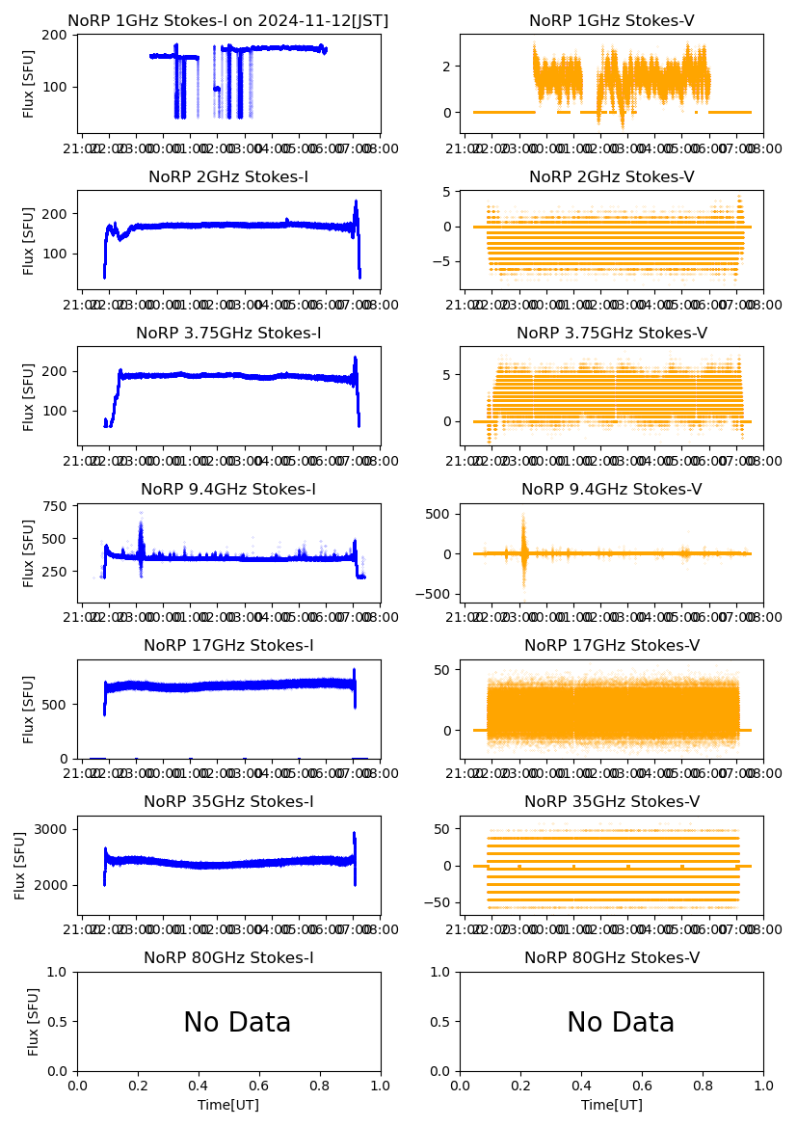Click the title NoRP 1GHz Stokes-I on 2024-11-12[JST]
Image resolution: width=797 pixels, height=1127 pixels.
[x=228, y=21]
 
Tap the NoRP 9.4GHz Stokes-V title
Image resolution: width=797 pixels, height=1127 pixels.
[x=612, y=490]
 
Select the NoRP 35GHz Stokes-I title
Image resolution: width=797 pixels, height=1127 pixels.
[x=228, y=802]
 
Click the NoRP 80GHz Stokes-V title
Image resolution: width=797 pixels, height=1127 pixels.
[x=612, y=958]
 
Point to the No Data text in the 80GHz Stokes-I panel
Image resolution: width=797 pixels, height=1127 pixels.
[x=237, y=1023]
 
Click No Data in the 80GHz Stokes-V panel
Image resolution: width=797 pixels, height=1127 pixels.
[x=621, y=1023]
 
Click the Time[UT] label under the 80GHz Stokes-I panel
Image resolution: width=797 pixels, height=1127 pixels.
[x=228, y=1105]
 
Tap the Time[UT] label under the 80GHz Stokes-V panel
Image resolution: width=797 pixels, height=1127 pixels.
[x=612, y=1105]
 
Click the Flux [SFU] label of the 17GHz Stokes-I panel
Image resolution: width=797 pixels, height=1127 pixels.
[x=29, y=709]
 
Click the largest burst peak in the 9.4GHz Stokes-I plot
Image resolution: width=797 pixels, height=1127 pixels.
[x=141, y=514]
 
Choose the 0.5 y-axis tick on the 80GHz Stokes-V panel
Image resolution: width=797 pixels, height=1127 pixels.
[x=442, y=1022]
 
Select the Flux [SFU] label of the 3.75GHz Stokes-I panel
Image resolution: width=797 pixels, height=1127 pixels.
[x=29, y=396]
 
